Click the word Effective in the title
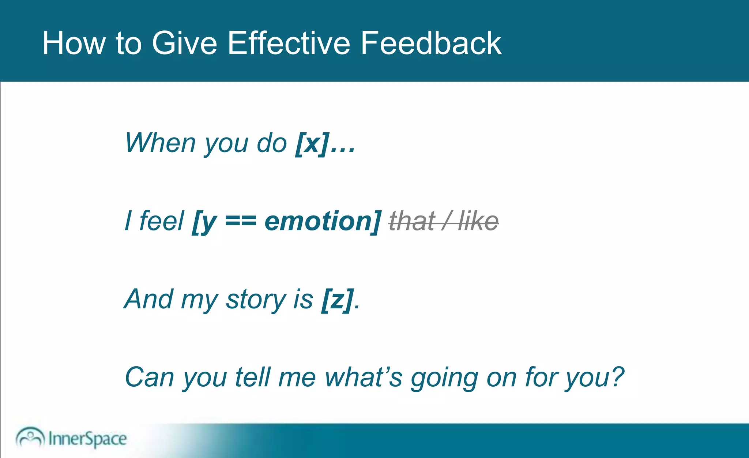click(x=289, y=43)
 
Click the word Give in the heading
click(x=184, y=43)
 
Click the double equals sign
click(x=241, y=222)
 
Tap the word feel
click(x=161, y=221)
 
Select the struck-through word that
click(x=412, y=221)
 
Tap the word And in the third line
click(x=148, y=299)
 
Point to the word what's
click(x=363, y=377)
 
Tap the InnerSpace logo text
click(x=87, y=439)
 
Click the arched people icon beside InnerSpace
click(x=30, y=437)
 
